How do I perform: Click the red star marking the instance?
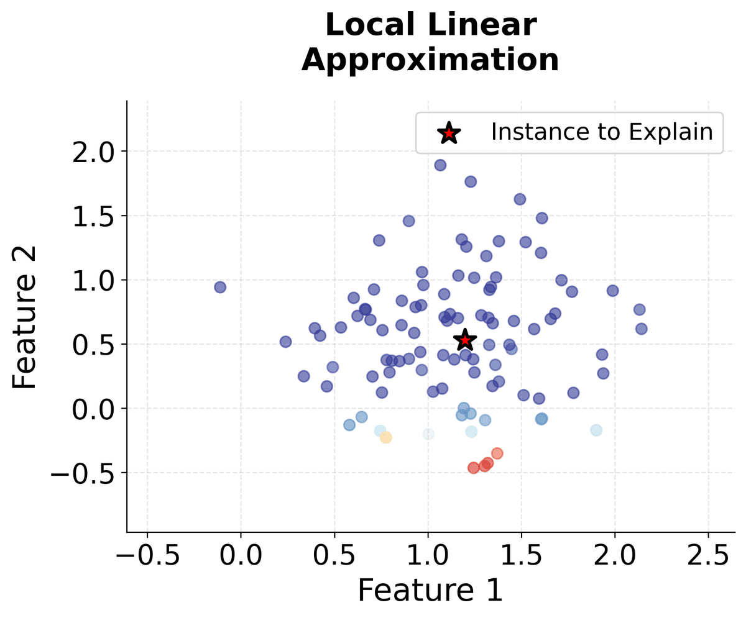coord(464,340)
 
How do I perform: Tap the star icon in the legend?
coord(448,132)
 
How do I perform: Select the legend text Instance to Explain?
coord(601,132)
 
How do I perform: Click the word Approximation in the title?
coord(430,60)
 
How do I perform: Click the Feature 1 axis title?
coord(430,590)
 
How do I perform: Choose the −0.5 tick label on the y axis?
coord(82,473)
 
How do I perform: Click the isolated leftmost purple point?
coord(220,287)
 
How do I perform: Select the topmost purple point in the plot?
coord(440,165)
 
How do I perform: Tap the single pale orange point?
coord(386,437)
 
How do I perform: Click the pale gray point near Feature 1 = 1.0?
coord(428,434)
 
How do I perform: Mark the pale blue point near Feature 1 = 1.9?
coord(596,430)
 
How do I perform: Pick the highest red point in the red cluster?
coord(497,453)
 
